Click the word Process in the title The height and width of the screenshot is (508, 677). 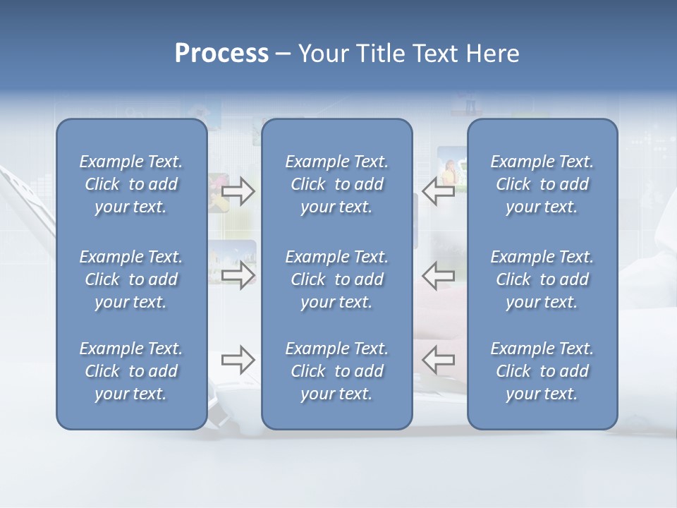click(221, 54)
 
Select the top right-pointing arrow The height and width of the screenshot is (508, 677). click(238, 191)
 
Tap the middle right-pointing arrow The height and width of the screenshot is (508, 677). click(238, 275)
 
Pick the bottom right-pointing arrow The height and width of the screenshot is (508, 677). click(238, 361)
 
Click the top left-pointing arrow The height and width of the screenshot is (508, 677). click(439, 191)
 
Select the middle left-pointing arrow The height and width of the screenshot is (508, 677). click(439, 275)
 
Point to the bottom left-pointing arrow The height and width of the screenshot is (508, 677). click(439, 361)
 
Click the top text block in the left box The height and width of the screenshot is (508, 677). click(131, 184)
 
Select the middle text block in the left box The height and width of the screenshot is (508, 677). click(131, 279)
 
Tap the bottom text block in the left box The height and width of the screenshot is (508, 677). click(131, 371)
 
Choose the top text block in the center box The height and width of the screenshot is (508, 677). click(336, 184)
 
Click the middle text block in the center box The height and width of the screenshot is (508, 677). click(336, 279)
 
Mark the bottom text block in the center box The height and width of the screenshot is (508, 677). click(336, 371)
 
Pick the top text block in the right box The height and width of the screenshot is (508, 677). click(542, 184)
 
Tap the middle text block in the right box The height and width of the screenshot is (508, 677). click(542, 279)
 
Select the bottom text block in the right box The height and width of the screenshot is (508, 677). click(542, 371)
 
